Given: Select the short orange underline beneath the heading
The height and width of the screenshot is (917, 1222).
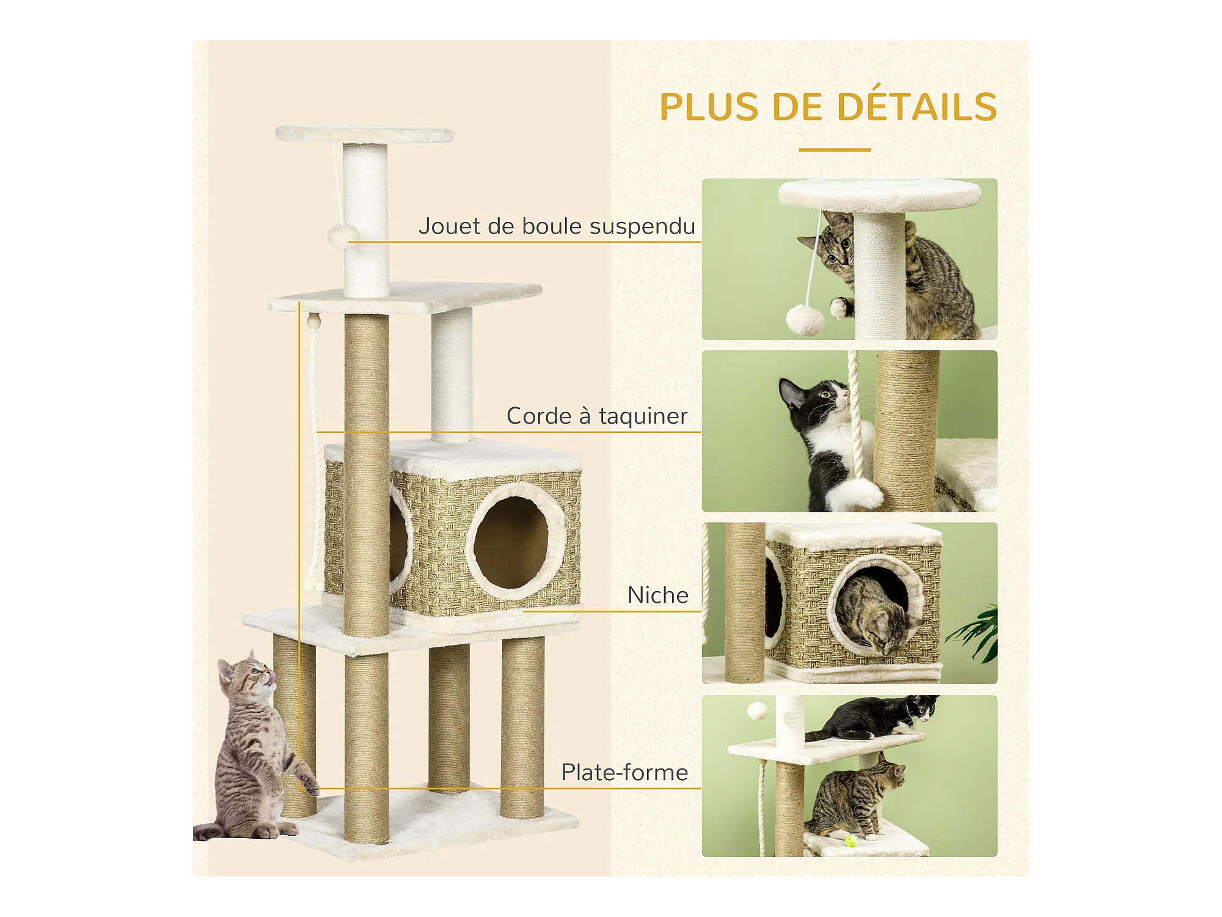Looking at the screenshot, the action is point(835,149).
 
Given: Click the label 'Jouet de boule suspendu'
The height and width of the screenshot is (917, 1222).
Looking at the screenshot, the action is point(557,226).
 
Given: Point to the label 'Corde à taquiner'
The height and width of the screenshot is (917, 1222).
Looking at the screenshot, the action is point(597,416).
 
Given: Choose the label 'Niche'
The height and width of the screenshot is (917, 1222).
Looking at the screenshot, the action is point(657,595).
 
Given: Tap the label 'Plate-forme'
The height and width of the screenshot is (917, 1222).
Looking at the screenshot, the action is point(624,772).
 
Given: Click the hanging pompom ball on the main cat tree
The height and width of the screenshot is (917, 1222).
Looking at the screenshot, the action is point(342,235).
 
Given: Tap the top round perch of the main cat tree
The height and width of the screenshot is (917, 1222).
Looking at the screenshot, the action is point(364,134).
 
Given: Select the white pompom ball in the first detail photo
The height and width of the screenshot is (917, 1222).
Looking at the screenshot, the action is point(805,320).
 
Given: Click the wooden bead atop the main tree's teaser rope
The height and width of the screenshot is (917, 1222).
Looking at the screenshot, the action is point(313,321).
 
